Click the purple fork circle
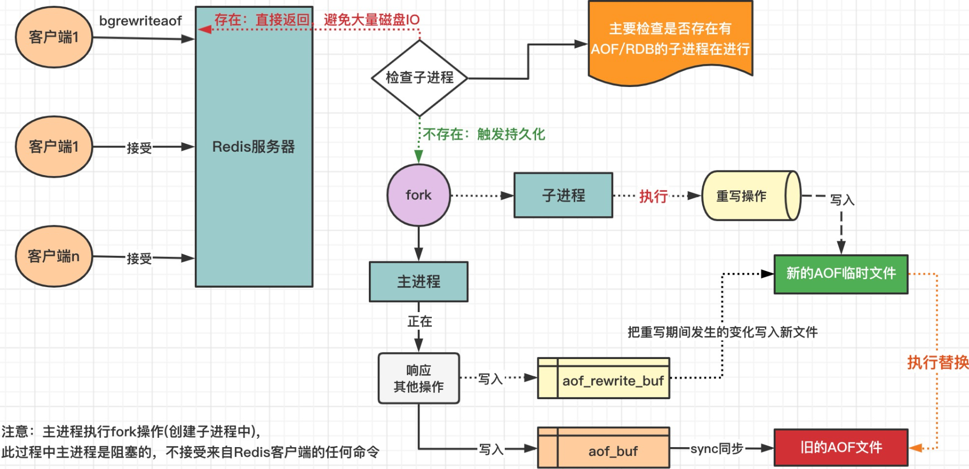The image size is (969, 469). pos(418,195)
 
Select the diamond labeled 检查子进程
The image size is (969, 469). pos(419,78)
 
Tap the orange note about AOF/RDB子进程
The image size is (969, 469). pos(670,40)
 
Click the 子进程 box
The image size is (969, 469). pos(563,195)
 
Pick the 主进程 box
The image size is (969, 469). pos(418,282)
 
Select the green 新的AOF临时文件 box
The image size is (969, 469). pos(841,274)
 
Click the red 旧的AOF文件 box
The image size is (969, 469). pos(841,448)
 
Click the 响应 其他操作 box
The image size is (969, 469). pos(418,379)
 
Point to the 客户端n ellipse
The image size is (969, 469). pos(54,256)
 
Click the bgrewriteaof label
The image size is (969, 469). pos(140,21)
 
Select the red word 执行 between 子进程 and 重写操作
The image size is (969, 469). pos(653,196)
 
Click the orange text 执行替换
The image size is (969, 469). pos(937,362)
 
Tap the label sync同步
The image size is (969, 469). pos(716,449)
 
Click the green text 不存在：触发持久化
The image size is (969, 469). pos(483,134)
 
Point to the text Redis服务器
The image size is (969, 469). pos(253,147)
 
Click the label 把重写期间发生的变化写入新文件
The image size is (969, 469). pos(722,332)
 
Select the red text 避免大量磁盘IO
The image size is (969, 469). pos(371,20)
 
